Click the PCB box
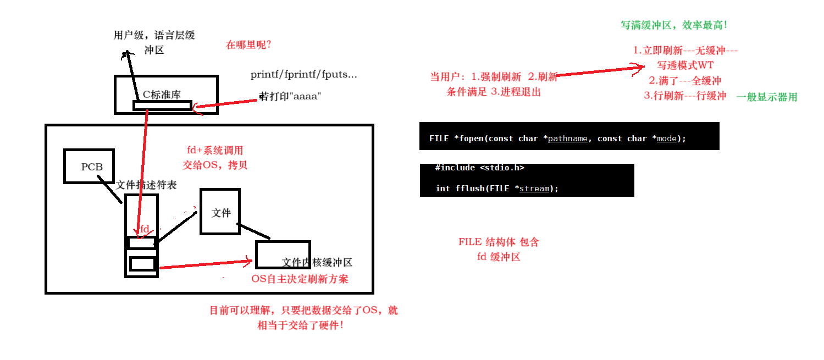[89, 166]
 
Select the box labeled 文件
[220, 212]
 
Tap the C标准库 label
[162, 94]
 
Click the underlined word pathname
[568, 139]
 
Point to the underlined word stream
[534, 189]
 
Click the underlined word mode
[666, 139]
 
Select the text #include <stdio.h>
[479, 168]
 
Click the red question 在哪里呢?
[248, 45]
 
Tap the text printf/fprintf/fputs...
[303, 74]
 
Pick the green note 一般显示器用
[766, 97]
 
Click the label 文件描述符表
[146, 185]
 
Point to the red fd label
[145, 229]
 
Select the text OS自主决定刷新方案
[300, 279]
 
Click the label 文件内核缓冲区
[317, 263]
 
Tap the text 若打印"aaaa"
[290, 97]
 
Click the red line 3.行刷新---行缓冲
[685, 96]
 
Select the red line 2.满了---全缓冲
[685, 81]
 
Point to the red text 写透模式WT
[685, 65]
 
